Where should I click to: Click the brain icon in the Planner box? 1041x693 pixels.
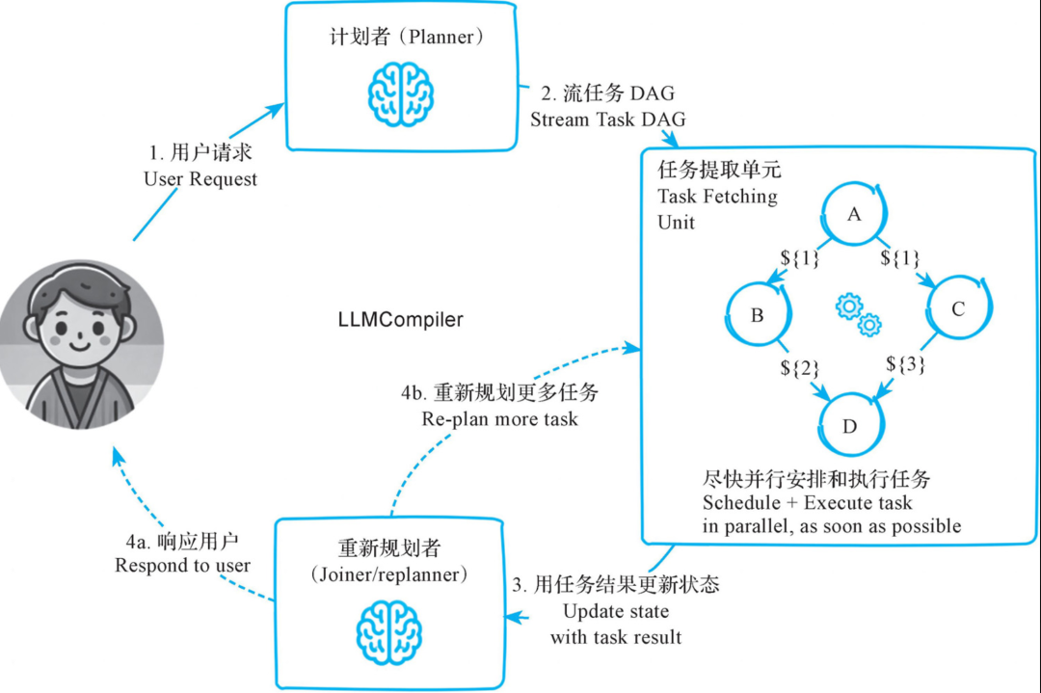401,94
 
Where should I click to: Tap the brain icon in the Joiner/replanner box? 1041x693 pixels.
389,632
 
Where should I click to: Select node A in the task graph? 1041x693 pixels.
854,214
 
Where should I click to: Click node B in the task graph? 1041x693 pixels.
758,314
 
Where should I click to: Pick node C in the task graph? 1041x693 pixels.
958,308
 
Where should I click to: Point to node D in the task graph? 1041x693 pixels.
850,425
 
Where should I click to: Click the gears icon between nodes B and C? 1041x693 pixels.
859,314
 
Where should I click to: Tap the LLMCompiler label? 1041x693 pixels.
400,319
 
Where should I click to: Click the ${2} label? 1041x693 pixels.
799,368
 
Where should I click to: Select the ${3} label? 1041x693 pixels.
905,363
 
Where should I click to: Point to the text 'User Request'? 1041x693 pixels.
200,179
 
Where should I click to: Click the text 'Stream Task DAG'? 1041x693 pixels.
607,120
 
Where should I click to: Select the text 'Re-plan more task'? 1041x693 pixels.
499,419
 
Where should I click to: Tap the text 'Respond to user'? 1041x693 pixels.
182,566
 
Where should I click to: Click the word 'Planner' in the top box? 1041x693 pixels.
441,37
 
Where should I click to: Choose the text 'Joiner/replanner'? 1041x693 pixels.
389,574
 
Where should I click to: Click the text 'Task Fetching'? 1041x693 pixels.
717,197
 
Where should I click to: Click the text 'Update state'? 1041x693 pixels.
615,611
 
